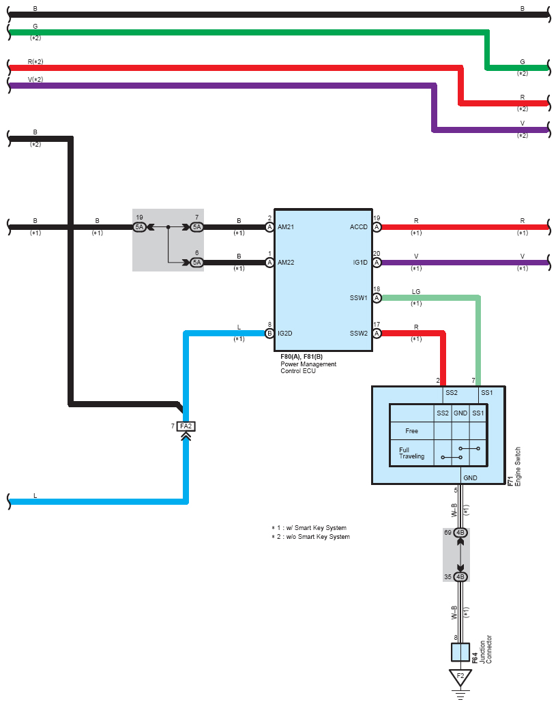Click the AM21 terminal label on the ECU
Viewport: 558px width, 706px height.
click(286, 227)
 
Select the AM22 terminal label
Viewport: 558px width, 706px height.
click(286, 263)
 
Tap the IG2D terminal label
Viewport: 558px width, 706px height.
click(285, 334)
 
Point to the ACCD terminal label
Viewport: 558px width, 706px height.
click(359, 227)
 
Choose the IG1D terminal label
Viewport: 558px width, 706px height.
click(359, 263)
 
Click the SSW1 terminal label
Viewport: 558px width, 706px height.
click(359, 298)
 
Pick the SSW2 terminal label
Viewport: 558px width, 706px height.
click(359, 334)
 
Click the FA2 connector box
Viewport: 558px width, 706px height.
click(186, 426)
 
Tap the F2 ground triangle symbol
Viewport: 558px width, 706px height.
click(460, 677)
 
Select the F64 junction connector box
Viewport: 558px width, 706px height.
click(460, 652)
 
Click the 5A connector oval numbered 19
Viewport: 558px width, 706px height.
click(140, 227)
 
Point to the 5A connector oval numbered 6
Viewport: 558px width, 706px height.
click(196, 263)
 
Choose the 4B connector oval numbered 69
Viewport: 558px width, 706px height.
click(460, 533)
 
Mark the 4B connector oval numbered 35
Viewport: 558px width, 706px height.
click(460, 576)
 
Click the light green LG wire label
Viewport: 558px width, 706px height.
click(416, 292)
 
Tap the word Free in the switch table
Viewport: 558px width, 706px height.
click(411, 431)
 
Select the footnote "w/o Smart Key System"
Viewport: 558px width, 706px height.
click(310, 537)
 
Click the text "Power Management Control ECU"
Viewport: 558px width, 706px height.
click(308, 367)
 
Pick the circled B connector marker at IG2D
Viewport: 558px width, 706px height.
click(269, 334)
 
